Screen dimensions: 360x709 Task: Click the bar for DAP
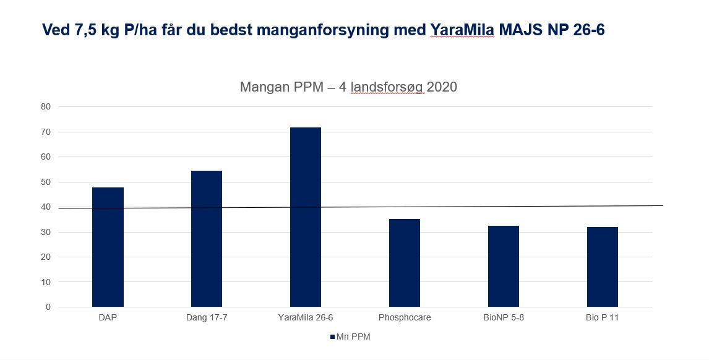(x=108, y=247)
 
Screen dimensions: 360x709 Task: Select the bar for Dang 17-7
(x=207, y=239)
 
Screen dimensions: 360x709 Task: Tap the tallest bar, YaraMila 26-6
(x=306, y=217)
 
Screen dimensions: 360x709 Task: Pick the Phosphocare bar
(x=405, y=263)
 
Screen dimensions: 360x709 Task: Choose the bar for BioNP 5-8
(x=504, y=267)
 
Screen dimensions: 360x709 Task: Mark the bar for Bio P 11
(x=603, y=267)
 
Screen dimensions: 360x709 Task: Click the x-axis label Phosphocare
(x=405, y=318)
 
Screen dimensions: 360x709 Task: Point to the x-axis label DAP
(x=108, y=318)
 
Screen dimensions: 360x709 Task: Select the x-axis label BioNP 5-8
(x=504, y=318)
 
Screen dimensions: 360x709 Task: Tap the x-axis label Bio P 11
(x=603, y=318)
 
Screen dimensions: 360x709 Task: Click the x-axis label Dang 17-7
(x=207, y=318)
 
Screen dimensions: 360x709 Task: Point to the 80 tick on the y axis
(x=46, y=107)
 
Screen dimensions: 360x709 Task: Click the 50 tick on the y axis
(x=46, y=182)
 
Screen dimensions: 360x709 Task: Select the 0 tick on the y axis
(x=48, y=307)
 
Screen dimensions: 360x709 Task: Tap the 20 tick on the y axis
(x=46, y=257)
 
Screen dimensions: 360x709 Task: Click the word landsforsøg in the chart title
(x=387, y=87)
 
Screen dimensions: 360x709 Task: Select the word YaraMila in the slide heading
(x=462, y=29)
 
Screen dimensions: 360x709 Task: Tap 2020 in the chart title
(x=442, y=87)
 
